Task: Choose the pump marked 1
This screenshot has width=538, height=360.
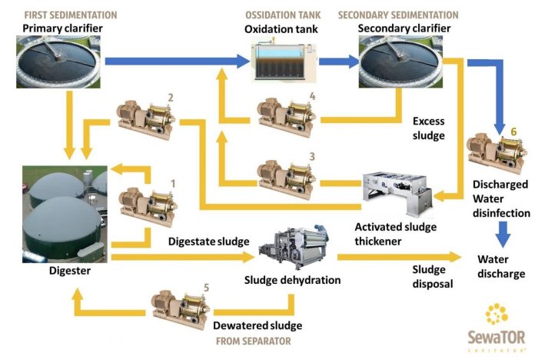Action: (145, 203)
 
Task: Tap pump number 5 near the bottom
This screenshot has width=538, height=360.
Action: (181, 306)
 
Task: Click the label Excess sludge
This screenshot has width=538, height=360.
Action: (428, 128)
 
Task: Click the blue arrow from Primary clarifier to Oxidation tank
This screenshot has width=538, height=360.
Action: (177, 60)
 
